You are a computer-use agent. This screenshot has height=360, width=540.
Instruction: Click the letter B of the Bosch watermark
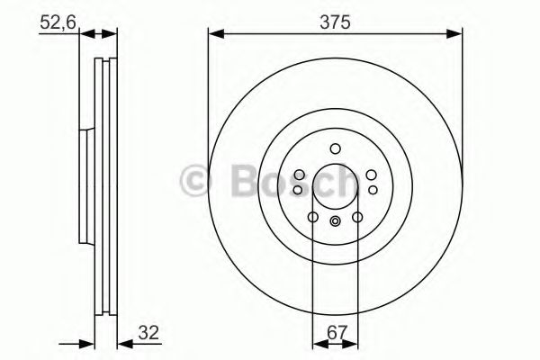pyautogui.click(x=232, y=180)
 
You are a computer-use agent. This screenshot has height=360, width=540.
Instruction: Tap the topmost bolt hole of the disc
pyautogui.click(x=335, y=149)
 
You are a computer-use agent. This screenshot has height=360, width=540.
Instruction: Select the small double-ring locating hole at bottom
pyautogui.click(x=335, y=222)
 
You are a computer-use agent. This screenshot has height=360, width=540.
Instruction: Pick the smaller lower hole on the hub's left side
pyautogui.click(x=298, y=190)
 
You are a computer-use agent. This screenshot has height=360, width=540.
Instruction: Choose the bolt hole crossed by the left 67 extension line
pyautogui.click(x=312, y=217)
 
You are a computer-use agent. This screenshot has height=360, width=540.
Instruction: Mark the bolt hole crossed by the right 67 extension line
pyautogui.click(x=357, y=217)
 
